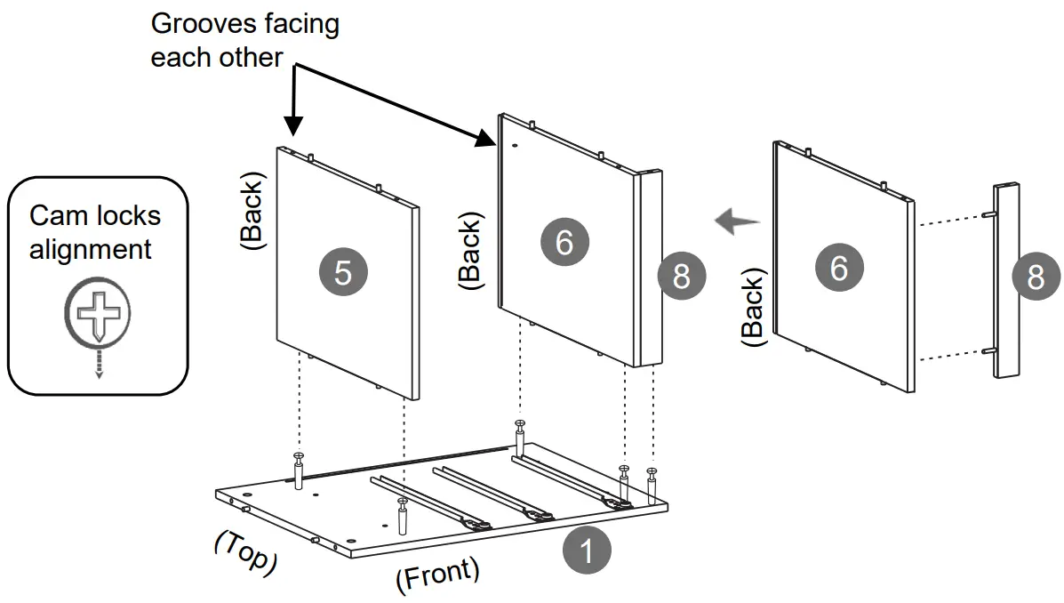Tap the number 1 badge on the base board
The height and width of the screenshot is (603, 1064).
[x=586, y=551]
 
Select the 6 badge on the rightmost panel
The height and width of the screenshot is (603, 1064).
[x=838, y=267]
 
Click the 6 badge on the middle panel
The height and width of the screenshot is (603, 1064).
[x=564, y=241]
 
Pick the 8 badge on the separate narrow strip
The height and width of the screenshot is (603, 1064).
[x=1036, y=277]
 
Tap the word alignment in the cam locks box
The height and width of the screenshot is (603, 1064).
[x=90, y=249]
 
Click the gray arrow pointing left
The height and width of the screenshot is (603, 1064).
[x=737, y=219]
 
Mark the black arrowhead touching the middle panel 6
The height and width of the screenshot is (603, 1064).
[x=485, y=137]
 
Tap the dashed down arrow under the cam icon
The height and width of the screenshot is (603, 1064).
[x=99, y=365]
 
